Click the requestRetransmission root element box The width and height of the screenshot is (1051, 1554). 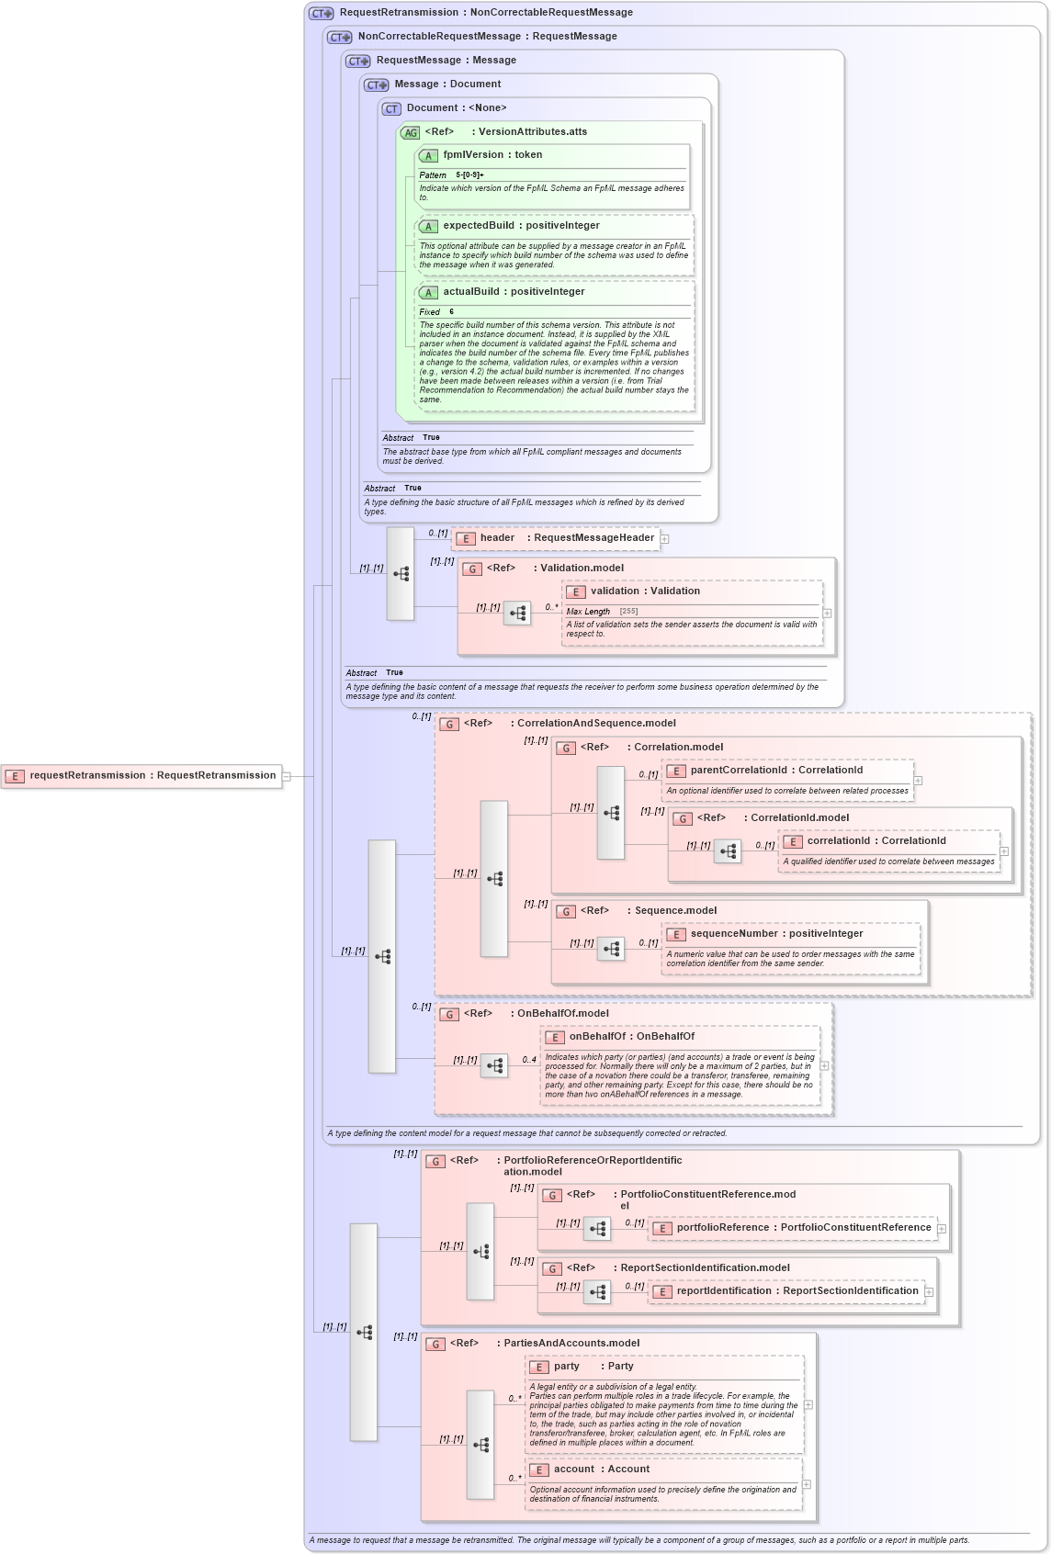click(x=141, y=776)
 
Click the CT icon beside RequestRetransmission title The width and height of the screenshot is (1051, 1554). click(x=322, y=13)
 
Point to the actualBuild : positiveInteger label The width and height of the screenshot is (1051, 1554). click(x=514, y=292)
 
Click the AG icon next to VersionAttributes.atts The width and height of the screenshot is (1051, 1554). click(x=410, y=132)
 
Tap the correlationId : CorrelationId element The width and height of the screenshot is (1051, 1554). click(x=876, y=841)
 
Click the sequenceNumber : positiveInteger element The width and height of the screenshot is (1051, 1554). click(x=776, y=934)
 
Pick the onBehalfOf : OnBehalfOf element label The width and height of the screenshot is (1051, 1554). click(x=631, y=1037)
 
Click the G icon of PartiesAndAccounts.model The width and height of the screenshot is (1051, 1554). click(x=435, y=1344)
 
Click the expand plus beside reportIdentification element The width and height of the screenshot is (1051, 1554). click(x=929, y=1292)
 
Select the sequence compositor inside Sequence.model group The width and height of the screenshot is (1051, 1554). click(x=611, y=949)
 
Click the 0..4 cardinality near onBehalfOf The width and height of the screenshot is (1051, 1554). click(x=529, y=1060)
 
